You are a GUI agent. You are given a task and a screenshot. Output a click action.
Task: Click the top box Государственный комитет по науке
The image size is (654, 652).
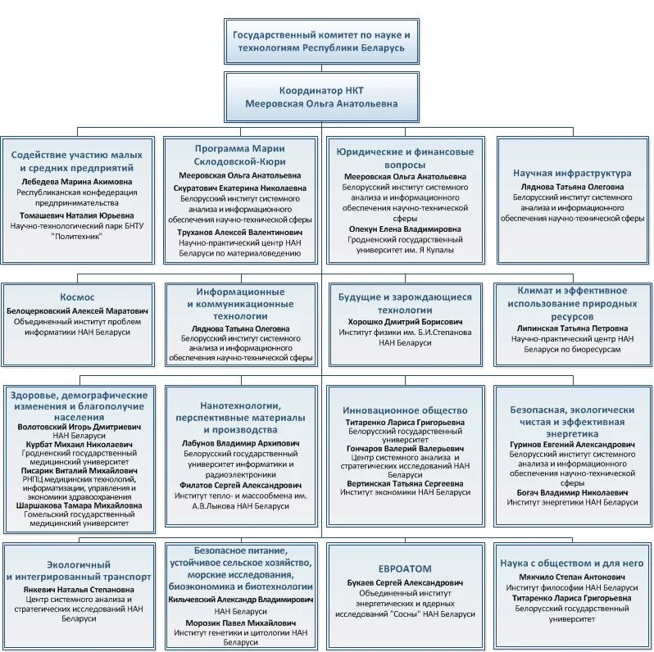coord(322,42)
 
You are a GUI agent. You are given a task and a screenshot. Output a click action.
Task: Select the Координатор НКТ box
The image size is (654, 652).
coord(322,97)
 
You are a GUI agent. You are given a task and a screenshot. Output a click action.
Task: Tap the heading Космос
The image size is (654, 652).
coord(78,297)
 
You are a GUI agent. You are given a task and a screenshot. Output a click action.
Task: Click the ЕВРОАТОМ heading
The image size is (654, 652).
coord(405,568)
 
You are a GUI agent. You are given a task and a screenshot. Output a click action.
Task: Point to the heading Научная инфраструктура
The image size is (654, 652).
coord(572,173)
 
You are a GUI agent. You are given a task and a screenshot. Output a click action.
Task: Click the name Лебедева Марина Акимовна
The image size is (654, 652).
coord(75,181)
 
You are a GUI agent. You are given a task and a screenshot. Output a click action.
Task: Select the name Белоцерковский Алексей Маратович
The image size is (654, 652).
coord(78,312)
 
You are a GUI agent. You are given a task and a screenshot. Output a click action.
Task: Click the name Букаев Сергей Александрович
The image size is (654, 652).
coord(405,582)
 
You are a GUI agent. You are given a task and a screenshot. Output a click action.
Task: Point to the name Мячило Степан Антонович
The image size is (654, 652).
coord(572,577)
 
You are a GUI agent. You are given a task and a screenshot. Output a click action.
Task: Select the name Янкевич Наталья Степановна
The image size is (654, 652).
coord(78,588)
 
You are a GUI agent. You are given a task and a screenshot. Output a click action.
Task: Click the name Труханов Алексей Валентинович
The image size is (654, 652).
coord(239,232)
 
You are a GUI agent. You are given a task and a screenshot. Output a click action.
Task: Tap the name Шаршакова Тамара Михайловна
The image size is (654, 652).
coord(78,505)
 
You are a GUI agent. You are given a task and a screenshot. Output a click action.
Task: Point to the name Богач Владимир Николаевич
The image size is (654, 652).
coord(572,492)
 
